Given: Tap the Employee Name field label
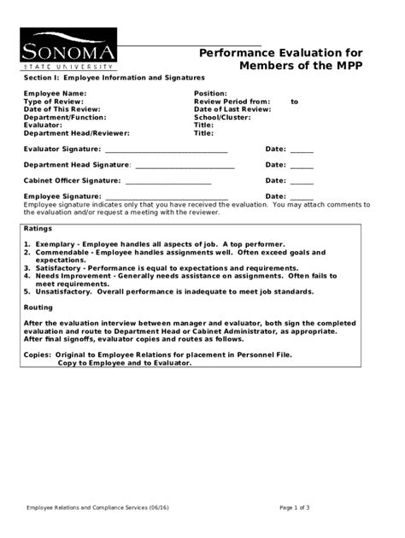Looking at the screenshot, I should pyautogui.click(x=55, y=92).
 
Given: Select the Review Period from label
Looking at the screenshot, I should pyautogui.click(x=231, y=101).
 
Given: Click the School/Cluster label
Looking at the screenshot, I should pyautogui.click(x=222, y=117).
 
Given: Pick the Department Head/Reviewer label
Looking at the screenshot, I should pyautogui.click(x=77, y=133).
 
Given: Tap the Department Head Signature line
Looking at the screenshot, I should pyautogui.click(x=185, y=165).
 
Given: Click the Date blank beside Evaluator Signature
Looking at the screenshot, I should pyautogui.click(x=302, y=150).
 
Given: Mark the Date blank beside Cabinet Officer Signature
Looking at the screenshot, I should pyautogui.click(x=302, y=181).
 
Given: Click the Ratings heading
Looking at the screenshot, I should pyautogui.click(x=38, y=230).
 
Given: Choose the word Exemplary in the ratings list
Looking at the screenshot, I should pyautogui.click(x=56, y=244).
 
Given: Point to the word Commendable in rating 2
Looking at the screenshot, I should pyautogui.click(x=62, y=252).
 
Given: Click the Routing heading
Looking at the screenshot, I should pyautogui.click(x=38, y=307).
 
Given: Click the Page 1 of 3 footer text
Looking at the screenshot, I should pyautogui.click(x=295, y=507).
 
